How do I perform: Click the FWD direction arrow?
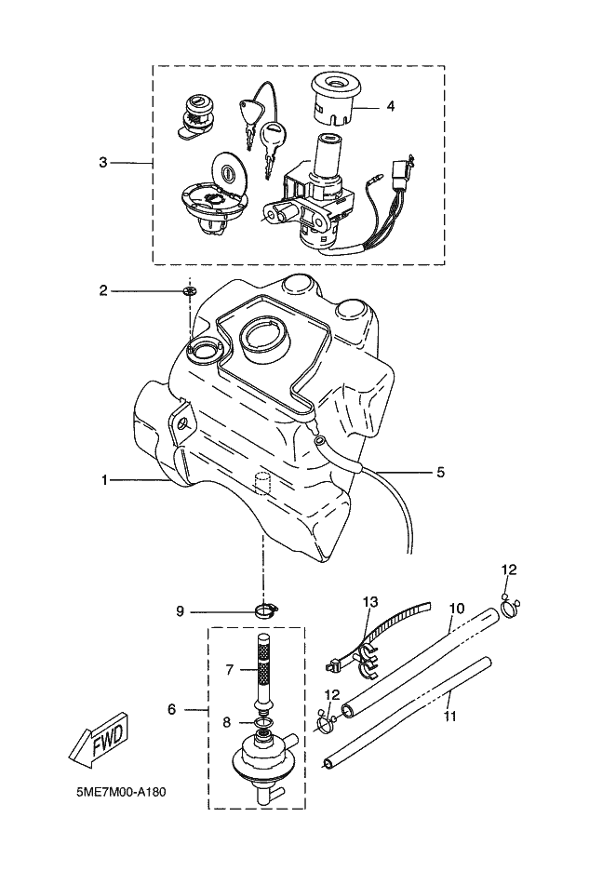click(x=99, y=741)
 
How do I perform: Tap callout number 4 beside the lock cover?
click(x=391, y=105)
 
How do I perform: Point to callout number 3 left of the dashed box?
click(x=102, y=163)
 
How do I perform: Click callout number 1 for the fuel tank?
click(x=104, y=479)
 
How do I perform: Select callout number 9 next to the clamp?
click(x=180, y=611)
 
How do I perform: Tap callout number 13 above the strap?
click(x=370, y=601)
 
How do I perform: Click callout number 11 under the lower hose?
click(x=450, y=717)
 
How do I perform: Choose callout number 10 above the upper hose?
click(x=457, y=609)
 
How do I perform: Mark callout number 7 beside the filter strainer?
click(x=230, y=670)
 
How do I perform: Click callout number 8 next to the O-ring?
click(x=227, y=723)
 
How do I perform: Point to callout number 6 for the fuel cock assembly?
click(x=171, y=709)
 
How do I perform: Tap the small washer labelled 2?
click(x=190, y=291)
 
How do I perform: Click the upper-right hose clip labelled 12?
click(x=511, y=606)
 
